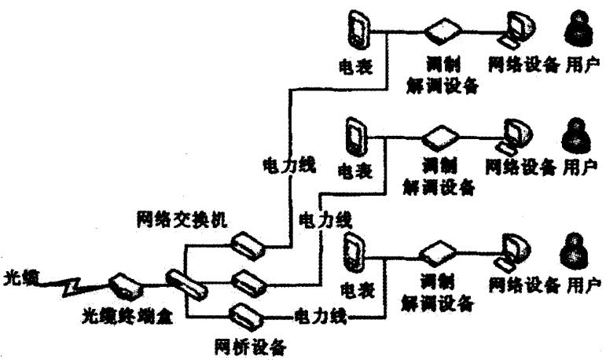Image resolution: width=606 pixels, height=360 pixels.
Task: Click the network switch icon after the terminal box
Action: pos(185,284)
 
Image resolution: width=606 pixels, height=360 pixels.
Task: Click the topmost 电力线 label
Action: pos(288,165)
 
